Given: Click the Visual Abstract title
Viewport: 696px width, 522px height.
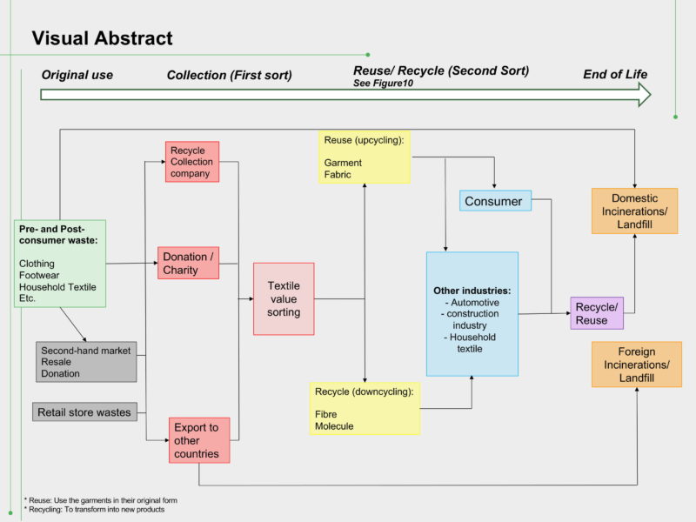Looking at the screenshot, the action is pos(102,38).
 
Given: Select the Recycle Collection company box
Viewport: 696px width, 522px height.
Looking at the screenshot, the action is pos(192,162).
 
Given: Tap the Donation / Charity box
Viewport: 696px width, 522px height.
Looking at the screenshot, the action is pos(188,263).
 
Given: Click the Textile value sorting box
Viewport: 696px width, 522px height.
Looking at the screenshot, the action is pos(284,298).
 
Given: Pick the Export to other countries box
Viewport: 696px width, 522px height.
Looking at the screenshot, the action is pos(199,440).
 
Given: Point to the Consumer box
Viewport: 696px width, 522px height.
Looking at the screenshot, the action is pos(495,201).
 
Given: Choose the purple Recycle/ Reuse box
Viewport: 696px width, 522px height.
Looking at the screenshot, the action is pos(597,313).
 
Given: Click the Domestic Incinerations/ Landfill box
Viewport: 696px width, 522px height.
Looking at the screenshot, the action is pos(635,211).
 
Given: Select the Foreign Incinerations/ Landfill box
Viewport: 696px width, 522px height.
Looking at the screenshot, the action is pos(637,365).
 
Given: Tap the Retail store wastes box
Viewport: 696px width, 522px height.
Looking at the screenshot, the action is pos(84,412).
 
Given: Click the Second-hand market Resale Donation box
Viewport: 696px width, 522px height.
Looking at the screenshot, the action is pos(86,362).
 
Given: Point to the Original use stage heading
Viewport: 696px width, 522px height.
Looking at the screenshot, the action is pos(77,75).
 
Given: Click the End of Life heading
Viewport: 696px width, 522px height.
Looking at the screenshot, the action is pos(615,74).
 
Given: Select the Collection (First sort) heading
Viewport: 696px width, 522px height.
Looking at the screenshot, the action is pos(230,75).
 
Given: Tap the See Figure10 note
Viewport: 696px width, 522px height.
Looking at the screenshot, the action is pos(383,83).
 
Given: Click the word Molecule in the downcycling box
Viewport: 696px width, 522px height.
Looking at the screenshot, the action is pos(334,426).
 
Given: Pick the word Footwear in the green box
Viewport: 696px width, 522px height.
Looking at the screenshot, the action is pos(39,275).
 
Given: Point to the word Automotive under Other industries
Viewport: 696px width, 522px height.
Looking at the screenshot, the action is pos(475,302).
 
